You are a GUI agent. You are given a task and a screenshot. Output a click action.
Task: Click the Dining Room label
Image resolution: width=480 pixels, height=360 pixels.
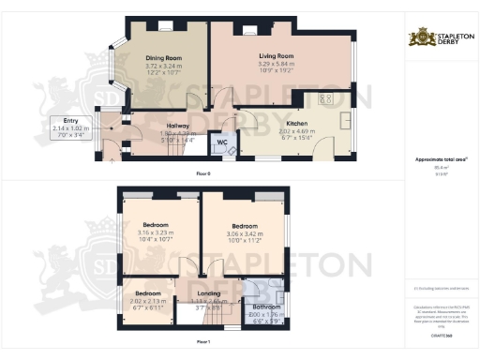coord(163,57)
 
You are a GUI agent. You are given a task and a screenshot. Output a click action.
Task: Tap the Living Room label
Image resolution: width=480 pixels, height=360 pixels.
coord(277,57)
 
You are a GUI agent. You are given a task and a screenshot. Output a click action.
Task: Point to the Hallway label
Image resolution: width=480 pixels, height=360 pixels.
coord(178,126)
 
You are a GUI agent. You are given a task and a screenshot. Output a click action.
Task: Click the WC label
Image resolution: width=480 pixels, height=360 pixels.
coord(222,142)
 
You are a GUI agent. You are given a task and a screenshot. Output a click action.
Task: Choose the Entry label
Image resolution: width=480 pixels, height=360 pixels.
coord(71,121)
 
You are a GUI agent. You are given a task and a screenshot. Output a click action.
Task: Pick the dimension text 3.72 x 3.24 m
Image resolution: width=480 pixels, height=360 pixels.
coord(163,67)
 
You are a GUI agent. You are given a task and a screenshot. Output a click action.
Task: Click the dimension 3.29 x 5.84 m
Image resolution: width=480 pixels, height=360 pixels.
coord(277,67)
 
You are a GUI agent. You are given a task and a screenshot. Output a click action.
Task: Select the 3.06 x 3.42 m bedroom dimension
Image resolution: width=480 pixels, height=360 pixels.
coord(246,234)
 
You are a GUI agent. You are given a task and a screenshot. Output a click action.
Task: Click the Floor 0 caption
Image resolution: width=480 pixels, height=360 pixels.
coord(203,174)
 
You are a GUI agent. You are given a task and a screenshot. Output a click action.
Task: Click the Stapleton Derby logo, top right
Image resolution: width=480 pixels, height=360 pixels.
coord(441,37)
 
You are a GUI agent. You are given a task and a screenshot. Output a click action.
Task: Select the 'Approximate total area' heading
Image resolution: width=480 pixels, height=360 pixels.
coord(441,160)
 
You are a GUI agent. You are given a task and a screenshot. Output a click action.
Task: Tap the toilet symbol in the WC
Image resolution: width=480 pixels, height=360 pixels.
coord(231,151)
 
